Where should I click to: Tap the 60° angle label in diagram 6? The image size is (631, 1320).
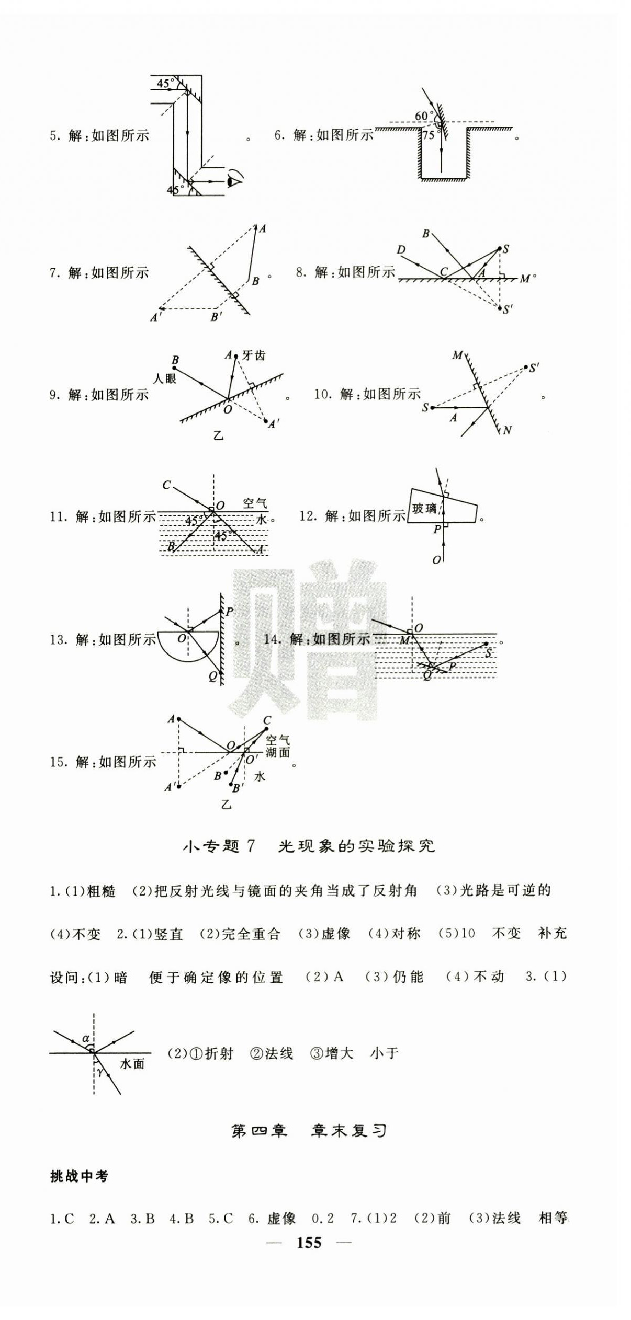click(423, 116)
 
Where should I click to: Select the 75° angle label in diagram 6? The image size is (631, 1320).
click(429, 135)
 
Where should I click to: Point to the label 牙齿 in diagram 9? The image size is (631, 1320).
click(254, 355)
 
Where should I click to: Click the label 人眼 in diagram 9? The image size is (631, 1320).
click(164, 378)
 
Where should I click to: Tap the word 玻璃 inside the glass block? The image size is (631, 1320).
click(424, 508)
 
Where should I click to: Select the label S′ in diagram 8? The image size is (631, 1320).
click(507, 309)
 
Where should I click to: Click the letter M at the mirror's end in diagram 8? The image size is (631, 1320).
click(524, 279)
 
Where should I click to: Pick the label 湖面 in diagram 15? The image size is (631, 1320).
click(277, 752)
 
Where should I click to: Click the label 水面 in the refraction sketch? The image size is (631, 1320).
click(132, 1063)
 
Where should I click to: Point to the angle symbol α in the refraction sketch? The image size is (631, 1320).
click(86, 1039)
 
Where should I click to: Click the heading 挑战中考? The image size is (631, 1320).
click(78, 1176)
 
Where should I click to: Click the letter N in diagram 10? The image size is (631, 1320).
click(506, 430)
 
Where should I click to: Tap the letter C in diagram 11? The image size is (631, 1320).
click(166, 485)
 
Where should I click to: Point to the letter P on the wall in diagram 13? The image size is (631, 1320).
click(229, 611)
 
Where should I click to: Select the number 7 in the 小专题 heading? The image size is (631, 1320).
click(250, 846)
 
